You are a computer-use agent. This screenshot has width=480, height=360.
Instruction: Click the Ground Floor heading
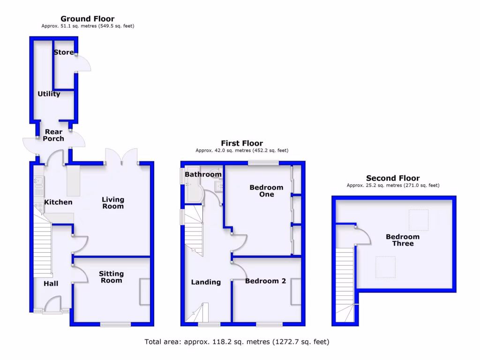point(87,19)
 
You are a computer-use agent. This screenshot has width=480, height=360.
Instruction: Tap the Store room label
point(64,52)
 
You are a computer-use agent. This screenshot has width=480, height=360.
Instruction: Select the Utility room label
point(49,94)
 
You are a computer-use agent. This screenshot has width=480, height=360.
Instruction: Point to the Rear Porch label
point(53,135)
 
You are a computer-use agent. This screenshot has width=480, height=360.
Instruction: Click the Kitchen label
point(58,202)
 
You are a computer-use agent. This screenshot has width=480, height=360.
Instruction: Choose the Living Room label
point(113,203)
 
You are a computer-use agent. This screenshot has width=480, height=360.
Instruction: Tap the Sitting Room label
point(111,277)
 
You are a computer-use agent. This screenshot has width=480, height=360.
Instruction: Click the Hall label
point(51,284)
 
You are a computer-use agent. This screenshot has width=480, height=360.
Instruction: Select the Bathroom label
point(203,174)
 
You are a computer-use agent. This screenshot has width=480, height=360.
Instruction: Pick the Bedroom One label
point(266,191)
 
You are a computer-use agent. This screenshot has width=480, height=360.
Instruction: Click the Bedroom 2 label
point(265,281)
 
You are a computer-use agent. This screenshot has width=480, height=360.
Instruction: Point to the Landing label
point(206,282)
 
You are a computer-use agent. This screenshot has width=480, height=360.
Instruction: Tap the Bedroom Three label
point(403,240)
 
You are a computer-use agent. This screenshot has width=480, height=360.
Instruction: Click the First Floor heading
point(242,143)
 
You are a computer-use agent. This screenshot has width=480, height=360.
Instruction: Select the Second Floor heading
point(393,178)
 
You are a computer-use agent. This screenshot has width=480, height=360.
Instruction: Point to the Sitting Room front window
point(115,324)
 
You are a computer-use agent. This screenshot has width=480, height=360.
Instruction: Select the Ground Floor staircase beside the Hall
point(42,248)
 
